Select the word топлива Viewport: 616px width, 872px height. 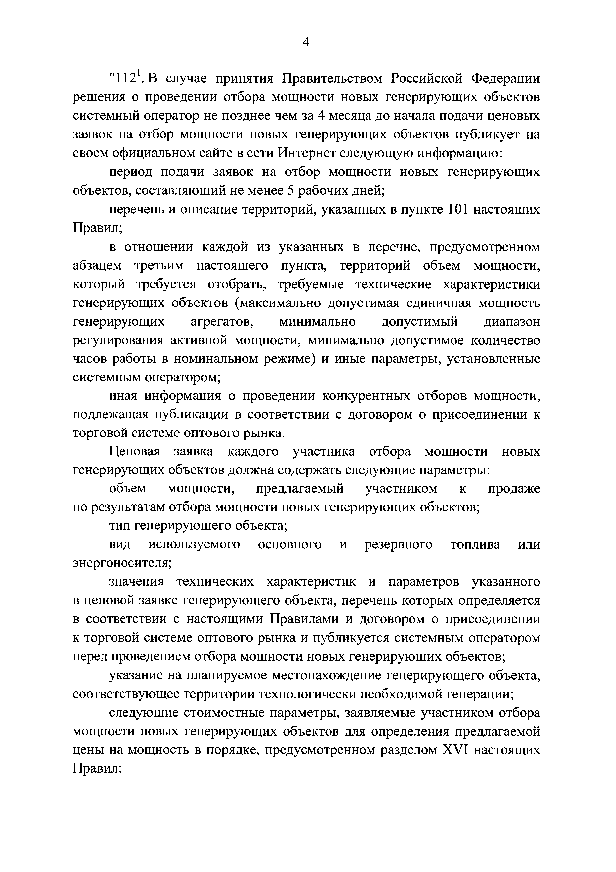(x=475, y=544)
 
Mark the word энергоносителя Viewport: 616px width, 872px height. (x=122, y=563)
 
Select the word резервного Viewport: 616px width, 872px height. (x=399, y=544)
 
